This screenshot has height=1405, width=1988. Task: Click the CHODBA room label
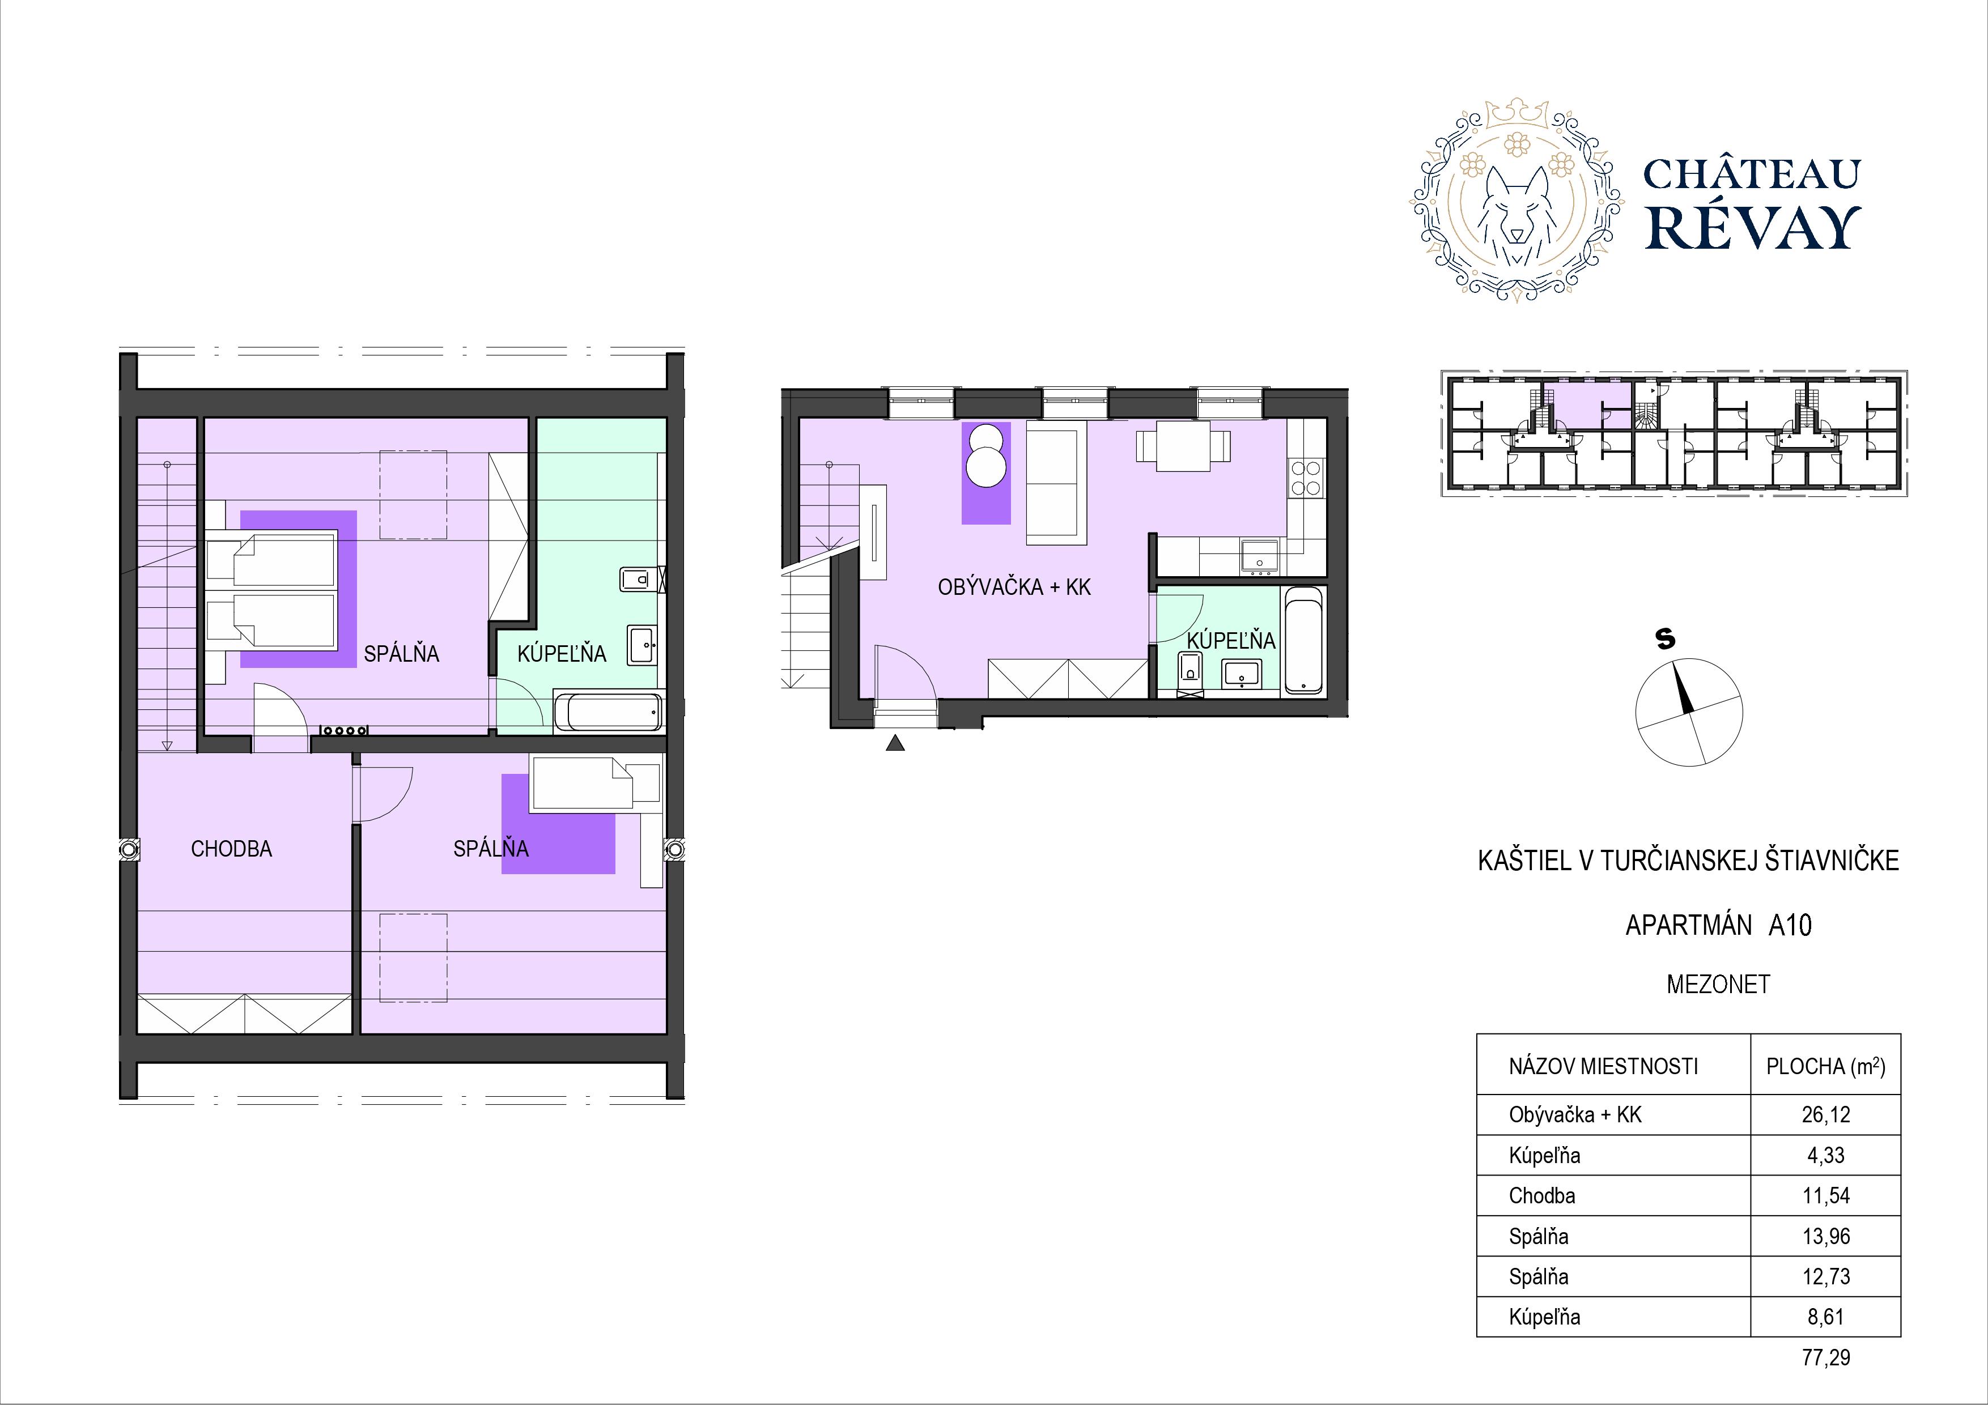coord(231,849)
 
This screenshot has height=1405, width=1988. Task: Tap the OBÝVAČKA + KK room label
coord(1014,587)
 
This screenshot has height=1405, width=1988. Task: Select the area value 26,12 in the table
coord(1825,1115)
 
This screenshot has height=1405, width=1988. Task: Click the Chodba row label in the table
coord(1542,1195)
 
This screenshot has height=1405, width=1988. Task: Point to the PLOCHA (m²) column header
coord(1825,1067)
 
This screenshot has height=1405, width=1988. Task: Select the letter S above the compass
coord(1664,639)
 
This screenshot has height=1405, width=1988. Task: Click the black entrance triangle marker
coord(895,742)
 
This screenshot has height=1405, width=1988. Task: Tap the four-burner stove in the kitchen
coord(1306,478)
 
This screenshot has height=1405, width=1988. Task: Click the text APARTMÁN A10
coord(1717,925)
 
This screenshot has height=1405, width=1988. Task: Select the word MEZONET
coord(1718,984)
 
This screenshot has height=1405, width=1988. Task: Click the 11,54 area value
coord(1825,1195)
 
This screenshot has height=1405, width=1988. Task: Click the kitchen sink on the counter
coord(1260,557)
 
